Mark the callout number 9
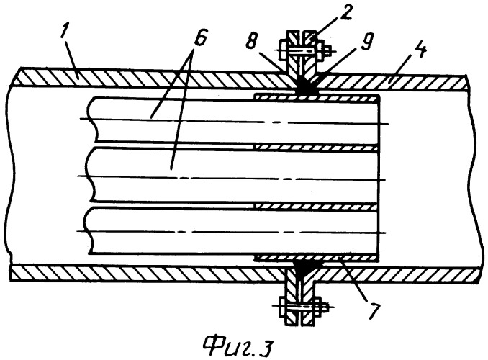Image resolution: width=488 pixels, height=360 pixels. click(x=366, y=42)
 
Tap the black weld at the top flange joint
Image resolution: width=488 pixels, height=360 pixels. click(x=304, y=86)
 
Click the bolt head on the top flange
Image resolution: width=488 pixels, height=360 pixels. click(x=284, y=50)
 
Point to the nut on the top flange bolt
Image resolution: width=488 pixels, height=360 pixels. click(x=321, y=49)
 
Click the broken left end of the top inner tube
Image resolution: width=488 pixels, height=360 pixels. click(x=93, y=120)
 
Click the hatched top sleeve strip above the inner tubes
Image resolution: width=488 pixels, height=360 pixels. click(x=316, y=97)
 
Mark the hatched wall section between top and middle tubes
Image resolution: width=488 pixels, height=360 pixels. click(x=316, y=148)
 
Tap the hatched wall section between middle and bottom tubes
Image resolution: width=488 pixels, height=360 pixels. click(x=316, y=206)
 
